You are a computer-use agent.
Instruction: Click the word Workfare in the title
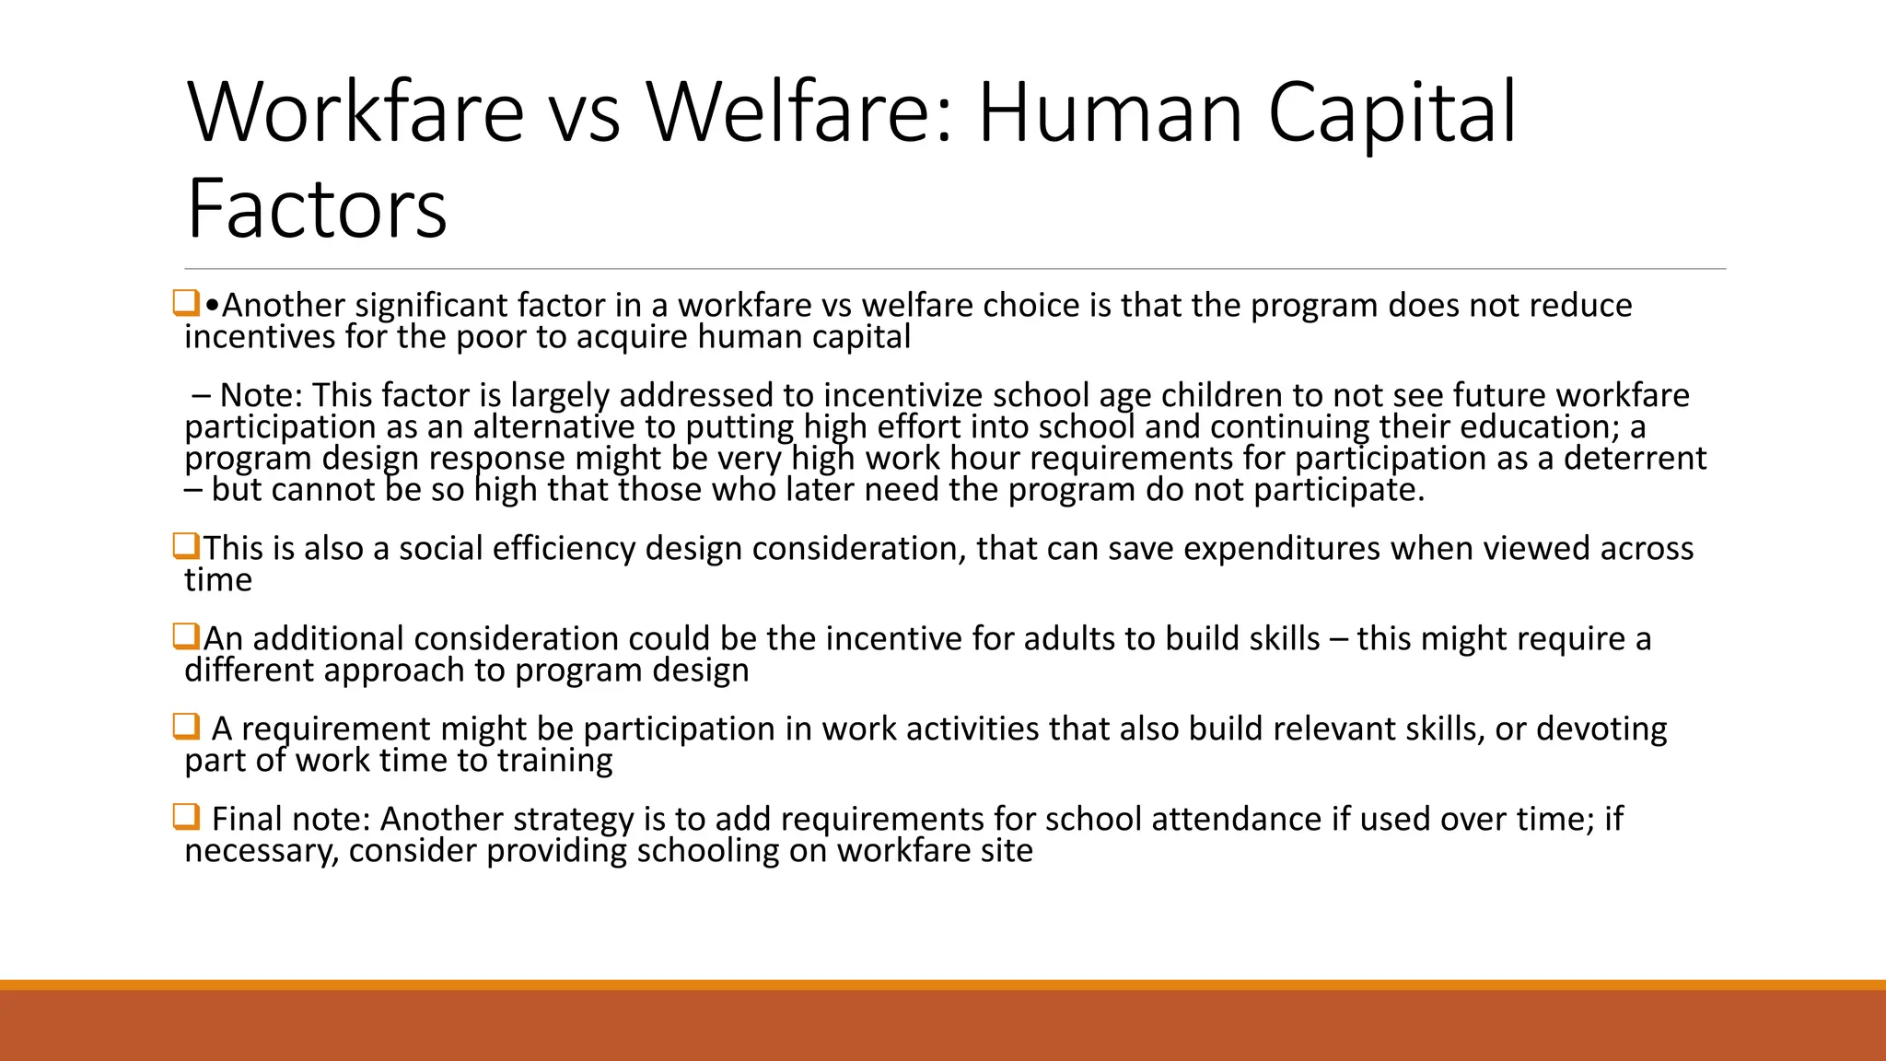(355, 112)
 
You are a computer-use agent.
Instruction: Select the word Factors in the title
(317, 209)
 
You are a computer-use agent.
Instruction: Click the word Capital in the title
(1391, 112)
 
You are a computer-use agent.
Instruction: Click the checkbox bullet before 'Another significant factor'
(186, 303)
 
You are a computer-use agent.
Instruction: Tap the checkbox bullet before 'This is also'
(186, 546)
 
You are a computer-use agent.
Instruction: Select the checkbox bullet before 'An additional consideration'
(186, 636)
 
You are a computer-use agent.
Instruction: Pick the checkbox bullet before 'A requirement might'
(186, 727)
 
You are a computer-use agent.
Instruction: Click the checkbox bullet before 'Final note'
(186, 817)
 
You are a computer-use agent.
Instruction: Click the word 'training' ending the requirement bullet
(554, 761)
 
